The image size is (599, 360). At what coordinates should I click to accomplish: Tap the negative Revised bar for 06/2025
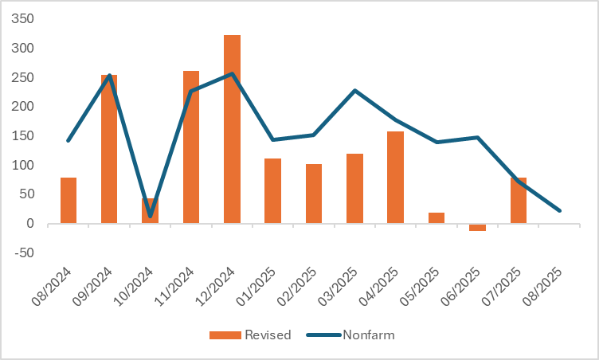tap(478, 227)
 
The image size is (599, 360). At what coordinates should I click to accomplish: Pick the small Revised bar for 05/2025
tap(437, 218)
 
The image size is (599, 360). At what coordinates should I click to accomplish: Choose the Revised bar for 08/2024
tap(69, 200)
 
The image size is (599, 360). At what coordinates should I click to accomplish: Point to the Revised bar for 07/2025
tap(519, 200)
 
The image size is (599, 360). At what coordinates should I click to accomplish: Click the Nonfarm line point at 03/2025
tap(354, 90)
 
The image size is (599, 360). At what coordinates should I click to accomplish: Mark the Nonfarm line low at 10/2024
tap(151, 216)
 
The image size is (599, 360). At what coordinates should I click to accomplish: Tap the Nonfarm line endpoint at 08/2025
tap(560, 210)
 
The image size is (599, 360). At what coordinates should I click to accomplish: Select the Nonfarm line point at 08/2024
tap(69, 141)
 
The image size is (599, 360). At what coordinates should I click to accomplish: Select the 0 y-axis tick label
tap(30, 224)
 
